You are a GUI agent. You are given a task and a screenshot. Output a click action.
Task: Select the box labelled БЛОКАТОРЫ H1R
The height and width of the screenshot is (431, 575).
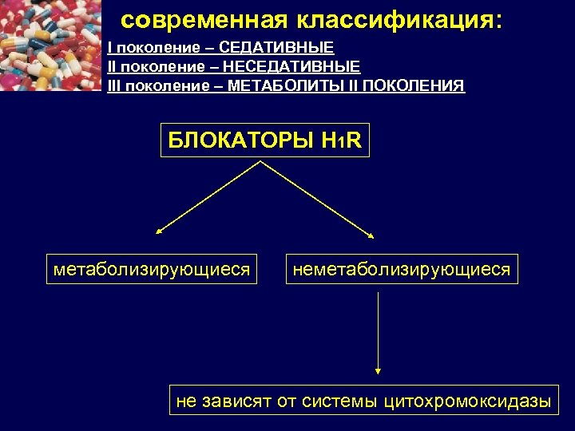(265, 140)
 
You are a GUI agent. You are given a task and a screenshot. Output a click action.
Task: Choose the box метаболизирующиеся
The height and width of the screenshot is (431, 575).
(152, 270)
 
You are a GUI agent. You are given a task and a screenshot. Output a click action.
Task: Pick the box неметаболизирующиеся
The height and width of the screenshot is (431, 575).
(401, 270)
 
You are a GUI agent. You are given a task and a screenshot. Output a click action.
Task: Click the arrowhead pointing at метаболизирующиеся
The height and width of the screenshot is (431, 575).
(159, 232)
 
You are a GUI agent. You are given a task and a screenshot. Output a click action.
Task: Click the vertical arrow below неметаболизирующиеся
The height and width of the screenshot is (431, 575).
(378, 331)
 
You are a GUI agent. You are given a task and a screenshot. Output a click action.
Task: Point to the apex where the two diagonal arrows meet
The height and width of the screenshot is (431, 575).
(260, 162)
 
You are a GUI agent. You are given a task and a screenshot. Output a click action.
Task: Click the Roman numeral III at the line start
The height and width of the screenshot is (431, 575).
(113, 85)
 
